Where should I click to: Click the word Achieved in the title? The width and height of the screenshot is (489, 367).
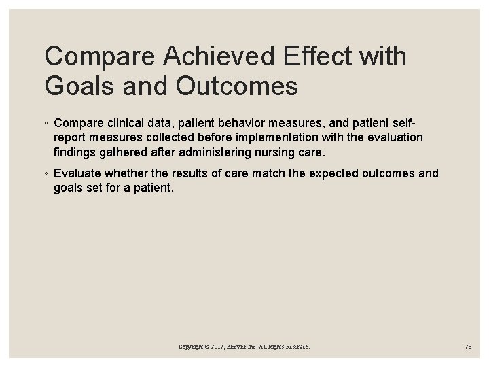coord(202,57)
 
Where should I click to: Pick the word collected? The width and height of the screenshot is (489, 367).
coord(175,138)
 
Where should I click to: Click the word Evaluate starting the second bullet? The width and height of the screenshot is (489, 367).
coord(78,173)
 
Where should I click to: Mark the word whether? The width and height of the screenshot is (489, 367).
coord(129,173)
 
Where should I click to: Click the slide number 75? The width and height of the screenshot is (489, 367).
coord(468,347)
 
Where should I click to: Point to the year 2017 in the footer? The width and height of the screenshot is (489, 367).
coord(217,347)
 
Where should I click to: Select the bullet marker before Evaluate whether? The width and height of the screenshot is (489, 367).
coord(46,174)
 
